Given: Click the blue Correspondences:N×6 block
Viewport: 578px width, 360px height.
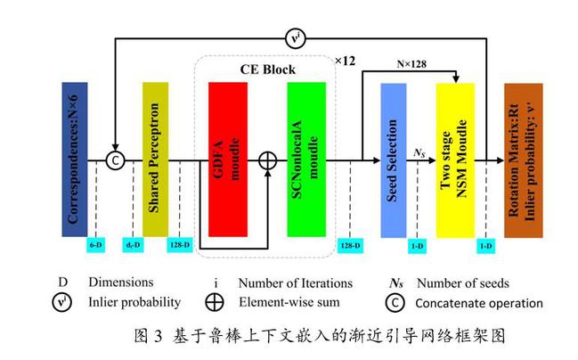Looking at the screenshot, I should [75, 160].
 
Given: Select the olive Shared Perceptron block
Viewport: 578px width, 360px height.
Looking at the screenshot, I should [155, 160].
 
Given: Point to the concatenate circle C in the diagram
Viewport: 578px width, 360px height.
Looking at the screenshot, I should [115, 160].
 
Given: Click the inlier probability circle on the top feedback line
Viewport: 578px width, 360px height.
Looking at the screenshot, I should [295, 38].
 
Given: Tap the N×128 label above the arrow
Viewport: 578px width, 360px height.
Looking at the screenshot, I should [419, 64].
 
